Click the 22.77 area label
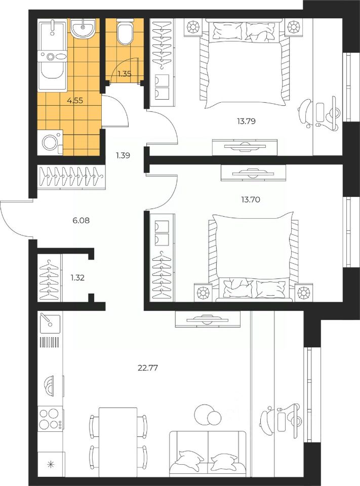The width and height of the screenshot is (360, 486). pyautogui.click(x=148, y=368)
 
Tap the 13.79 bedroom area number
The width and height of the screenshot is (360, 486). pyautogui.click(x=246, y=121)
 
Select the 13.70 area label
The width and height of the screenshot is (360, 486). pyautogui.click(x=251, y=200)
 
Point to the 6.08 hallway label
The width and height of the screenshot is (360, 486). pyautogui.click(x=81, y=220)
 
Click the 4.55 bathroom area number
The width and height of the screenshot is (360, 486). pyautogui.click(x=75, y=100)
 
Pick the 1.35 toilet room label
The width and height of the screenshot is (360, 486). pyautogui.click(x=124, y=74)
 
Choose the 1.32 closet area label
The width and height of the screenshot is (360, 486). pyautogui.click(x=77, y=277)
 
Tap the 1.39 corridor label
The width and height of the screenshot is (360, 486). pyautogui.click(x=123, y=155)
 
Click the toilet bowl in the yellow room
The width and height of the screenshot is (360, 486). pyautogui.click(x=125, y=31)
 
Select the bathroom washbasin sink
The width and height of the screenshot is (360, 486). pyautogui.click(x=83, y=28)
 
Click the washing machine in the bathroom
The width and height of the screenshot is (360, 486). pyautogui.click(x=50, y=143)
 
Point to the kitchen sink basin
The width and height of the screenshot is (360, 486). pyautogui.click(x=50, y=323)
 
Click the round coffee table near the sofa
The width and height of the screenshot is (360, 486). pyautogui.click(x=207, y=415)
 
